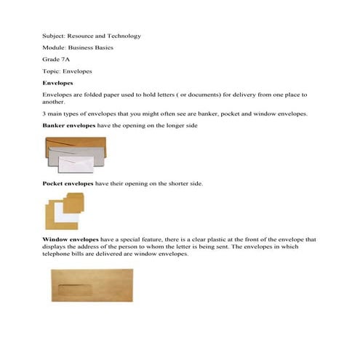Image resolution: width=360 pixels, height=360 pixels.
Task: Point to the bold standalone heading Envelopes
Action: click(58, 84)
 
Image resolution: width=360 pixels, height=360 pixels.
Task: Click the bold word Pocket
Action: click(53, 184)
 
